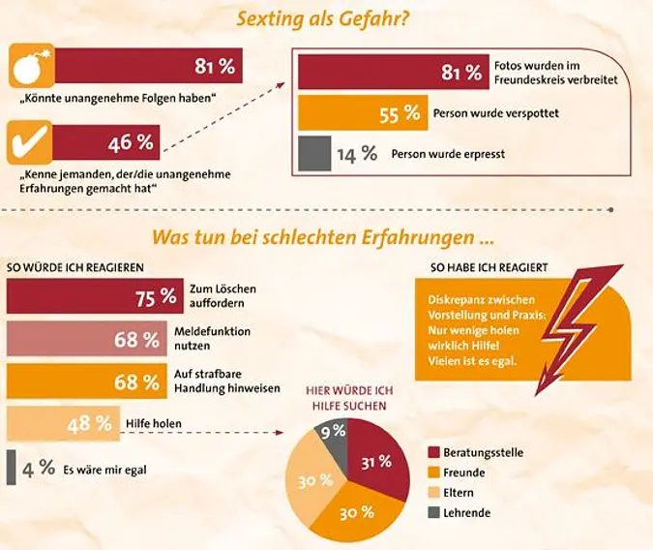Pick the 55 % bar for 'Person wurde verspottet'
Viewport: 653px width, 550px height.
(362, 113)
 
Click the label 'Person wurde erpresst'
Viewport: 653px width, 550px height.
(447, 154)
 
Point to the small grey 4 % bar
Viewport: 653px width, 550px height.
(11, 468)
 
